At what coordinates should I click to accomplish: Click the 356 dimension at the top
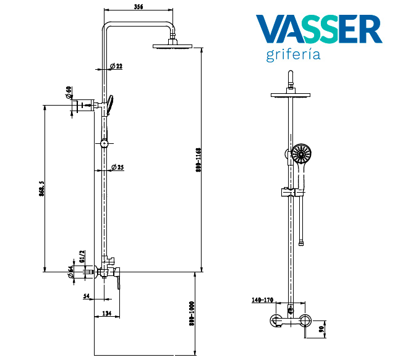(138, 7)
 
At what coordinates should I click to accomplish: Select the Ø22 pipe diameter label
(116, 66)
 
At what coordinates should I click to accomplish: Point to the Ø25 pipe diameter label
(116, 167)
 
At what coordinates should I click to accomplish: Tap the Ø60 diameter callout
(69, 93)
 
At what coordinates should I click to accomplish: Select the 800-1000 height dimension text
(191, 314)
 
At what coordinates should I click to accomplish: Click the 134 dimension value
(106, 314)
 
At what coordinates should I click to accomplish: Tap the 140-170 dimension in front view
(263, 300)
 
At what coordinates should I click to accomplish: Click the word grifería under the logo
(293, 55)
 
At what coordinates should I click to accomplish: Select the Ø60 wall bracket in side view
(82, 106)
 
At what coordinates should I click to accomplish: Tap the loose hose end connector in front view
(301, 243)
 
